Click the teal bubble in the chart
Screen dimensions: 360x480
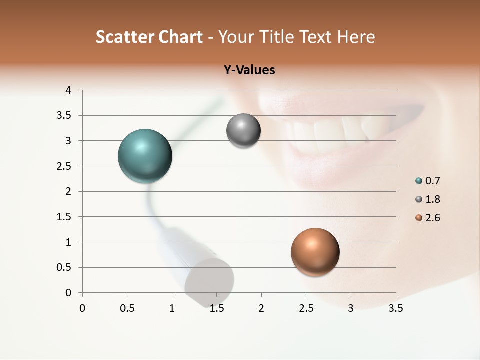[145, 156]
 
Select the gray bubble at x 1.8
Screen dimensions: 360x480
[243, 131]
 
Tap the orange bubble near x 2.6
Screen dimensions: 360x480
[315, 252]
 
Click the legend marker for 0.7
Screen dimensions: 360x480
[419, 181]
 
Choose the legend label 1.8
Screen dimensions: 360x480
[432, 199]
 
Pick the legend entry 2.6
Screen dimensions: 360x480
[432, 218]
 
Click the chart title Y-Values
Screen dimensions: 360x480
[249, 70]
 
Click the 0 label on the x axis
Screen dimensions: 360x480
[82, 308]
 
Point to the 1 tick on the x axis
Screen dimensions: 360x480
[172, 308]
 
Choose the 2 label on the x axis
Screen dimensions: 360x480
[261, 308]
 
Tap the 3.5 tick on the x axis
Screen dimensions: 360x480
[395, 308]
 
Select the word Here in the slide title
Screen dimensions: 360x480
[356, 37]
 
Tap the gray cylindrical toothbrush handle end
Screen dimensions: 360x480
[210, 282]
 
